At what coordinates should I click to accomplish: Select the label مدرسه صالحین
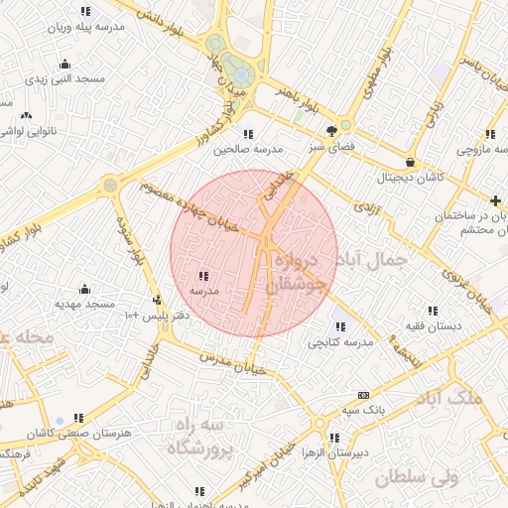point(247,148)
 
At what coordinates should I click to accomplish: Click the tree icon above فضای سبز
point(332,130)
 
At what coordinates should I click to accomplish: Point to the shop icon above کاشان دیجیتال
point(410,162)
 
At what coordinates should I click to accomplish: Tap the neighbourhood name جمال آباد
point(381,260)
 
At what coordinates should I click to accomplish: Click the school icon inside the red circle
point(203,276)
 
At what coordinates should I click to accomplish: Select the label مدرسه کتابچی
point(340,342)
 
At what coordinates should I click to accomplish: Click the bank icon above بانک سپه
point(362,395)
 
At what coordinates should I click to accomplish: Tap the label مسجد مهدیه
point(84,303)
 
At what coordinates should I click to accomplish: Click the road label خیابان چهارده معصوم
point(189,206)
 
